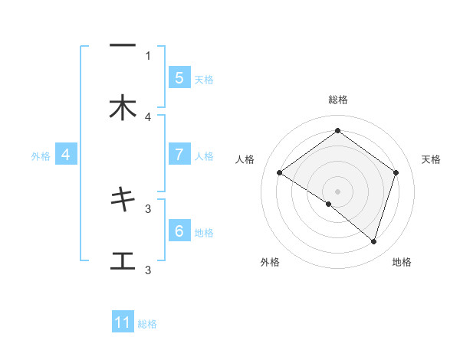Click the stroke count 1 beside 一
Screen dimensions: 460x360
[148, 55]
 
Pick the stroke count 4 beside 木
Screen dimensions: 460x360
[148, 117]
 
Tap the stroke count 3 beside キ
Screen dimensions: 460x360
[148, 208]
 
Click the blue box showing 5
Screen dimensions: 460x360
[179, 78]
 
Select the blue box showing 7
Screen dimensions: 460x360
[179, 155]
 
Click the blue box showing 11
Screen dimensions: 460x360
[123, 322]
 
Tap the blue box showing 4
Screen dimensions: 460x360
[66, 155]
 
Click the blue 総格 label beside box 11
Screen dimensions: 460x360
[147, 324]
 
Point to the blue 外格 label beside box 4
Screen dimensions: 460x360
[41, 155]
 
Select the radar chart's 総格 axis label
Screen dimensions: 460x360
[337, 100]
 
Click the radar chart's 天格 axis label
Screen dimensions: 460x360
[432, 159]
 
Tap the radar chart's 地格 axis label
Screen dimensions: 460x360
[402, 262]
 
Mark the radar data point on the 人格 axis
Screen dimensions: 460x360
[279, 172]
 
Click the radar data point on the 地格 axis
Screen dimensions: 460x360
[373, 241]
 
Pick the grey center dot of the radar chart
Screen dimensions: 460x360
[337, 191]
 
